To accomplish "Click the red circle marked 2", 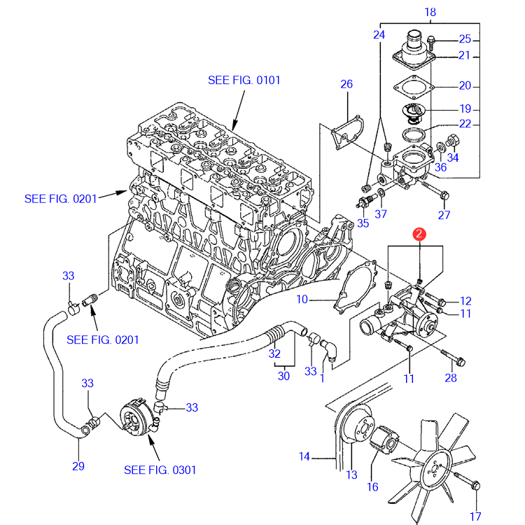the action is tap(419, 234).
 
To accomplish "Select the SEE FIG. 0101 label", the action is tap(244, 80).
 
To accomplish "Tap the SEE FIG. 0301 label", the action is tap(160, 470).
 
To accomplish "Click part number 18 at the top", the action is tap(430, 13).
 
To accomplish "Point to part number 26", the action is tap(346, 84).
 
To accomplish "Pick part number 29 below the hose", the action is tap(78, 466).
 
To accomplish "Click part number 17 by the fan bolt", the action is tap(475, 517).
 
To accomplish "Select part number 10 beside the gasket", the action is tap(302, 299).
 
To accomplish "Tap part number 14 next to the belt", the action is tap(304, 456).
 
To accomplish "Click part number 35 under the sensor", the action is tap(363, 223).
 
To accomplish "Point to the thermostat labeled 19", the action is tap(414, 113).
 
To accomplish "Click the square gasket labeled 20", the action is tap(414, 87).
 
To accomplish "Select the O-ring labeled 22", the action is tap(414, 134).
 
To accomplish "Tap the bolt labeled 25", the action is tap(431, 43).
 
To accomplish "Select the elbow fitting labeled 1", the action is tap(330, 351).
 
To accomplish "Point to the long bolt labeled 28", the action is tap(453, 357).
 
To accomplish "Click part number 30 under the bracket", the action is tap(283, 376).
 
